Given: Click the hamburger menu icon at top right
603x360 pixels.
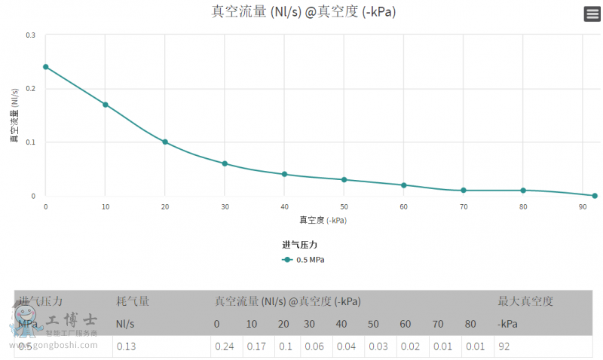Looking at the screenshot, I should pos(592,14).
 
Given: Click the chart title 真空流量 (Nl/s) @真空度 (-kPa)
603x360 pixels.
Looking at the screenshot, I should pos(304,11).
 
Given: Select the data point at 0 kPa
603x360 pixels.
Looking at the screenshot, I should pos(46,66).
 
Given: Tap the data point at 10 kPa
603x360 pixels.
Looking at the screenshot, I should pos(106,105).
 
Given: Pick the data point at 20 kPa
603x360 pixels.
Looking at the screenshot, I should pos(165,142).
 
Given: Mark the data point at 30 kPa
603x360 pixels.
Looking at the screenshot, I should pos(225,163).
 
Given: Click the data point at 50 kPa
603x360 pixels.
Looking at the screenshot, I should pos(344,179).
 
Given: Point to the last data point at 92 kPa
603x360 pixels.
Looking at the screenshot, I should pos(595,196).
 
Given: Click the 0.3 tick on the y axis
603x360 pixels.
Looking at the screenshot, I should pos(30,35).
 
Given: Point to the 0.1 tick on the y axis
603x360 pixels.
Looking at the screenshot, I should pos(30,142).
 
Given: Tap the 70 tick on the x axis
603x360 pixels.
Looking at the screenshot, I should pos(463,206).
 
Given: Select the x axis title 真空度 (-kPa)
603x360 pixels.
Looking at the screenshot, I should pos(323,221).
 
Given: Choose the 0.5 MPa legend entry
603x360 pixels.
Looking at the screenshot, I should pos(304,260).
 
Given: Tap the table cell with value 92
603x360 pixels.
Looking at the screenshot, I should pos(504,346).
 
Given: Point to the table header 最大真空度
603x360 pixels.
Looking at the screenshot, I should pos(525,301).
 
